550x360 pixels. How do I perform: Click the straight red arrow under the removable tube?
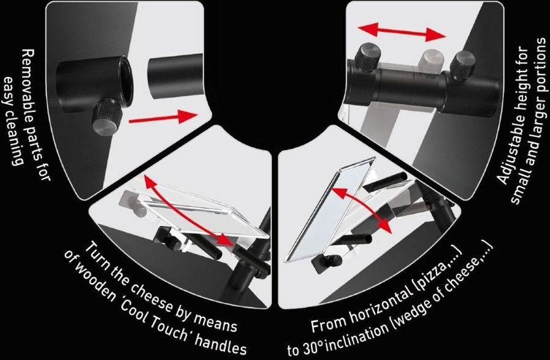coord(164,117)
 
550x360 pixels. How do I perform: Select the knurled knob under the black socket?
coord(106,117)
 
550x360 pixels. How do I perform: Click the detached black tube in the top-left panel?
coord(175,75)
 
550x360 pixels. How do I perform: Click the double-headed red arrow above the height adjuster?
coord(402,32)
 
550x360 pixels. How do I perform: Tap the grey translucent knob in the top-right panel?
coord(433,61)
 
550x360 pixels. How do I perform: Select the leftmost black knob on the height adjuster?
coord(368,57)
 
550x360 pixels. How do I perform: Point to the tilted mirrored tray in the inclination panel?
coord(330,210)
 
